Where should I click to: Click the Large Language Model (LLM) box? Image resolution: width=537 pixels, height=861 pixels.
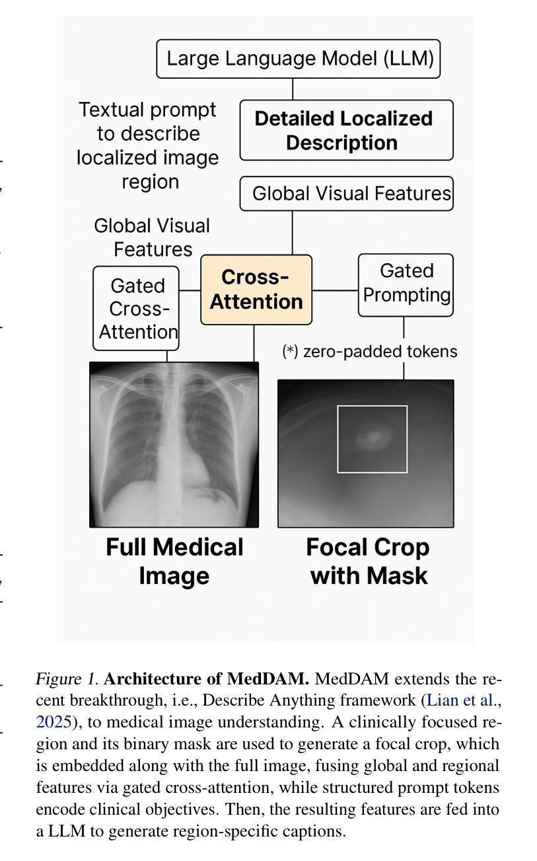click(299, 59)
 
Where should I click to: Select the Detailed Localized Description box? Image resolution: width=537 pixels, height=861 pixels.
click(346, 130)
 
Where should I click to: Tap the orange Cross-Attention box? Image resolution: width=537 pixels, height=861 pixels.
click(256, 290)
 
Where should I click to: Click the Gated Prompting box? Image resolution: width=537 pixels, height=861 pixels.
click(406, 285)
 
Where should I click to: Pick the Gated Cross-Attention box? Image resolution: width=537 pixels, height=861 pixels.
click(136, 308)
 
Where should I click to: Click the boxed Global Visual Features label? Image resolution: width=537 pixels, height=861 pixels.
click(346, 193)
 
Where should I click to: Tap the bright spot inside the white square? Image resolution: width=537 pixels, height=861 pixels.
click(373, 436)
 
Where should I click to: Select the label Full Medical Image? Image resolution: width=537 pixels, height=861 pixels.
click(174, 561)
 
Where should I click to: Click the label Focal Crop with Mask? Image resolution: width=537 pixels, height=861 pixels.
click(368, 561)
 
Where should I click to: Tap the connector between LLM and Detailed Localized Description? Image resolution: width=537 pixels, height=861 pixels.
click(293, 89)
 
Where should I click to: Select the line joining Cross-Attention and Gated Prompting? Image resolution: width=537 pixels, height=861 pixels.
click(335, 290)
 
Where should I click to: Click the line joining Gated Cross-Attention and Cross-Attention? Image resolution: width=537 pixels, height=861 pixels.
click(190, 290)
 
